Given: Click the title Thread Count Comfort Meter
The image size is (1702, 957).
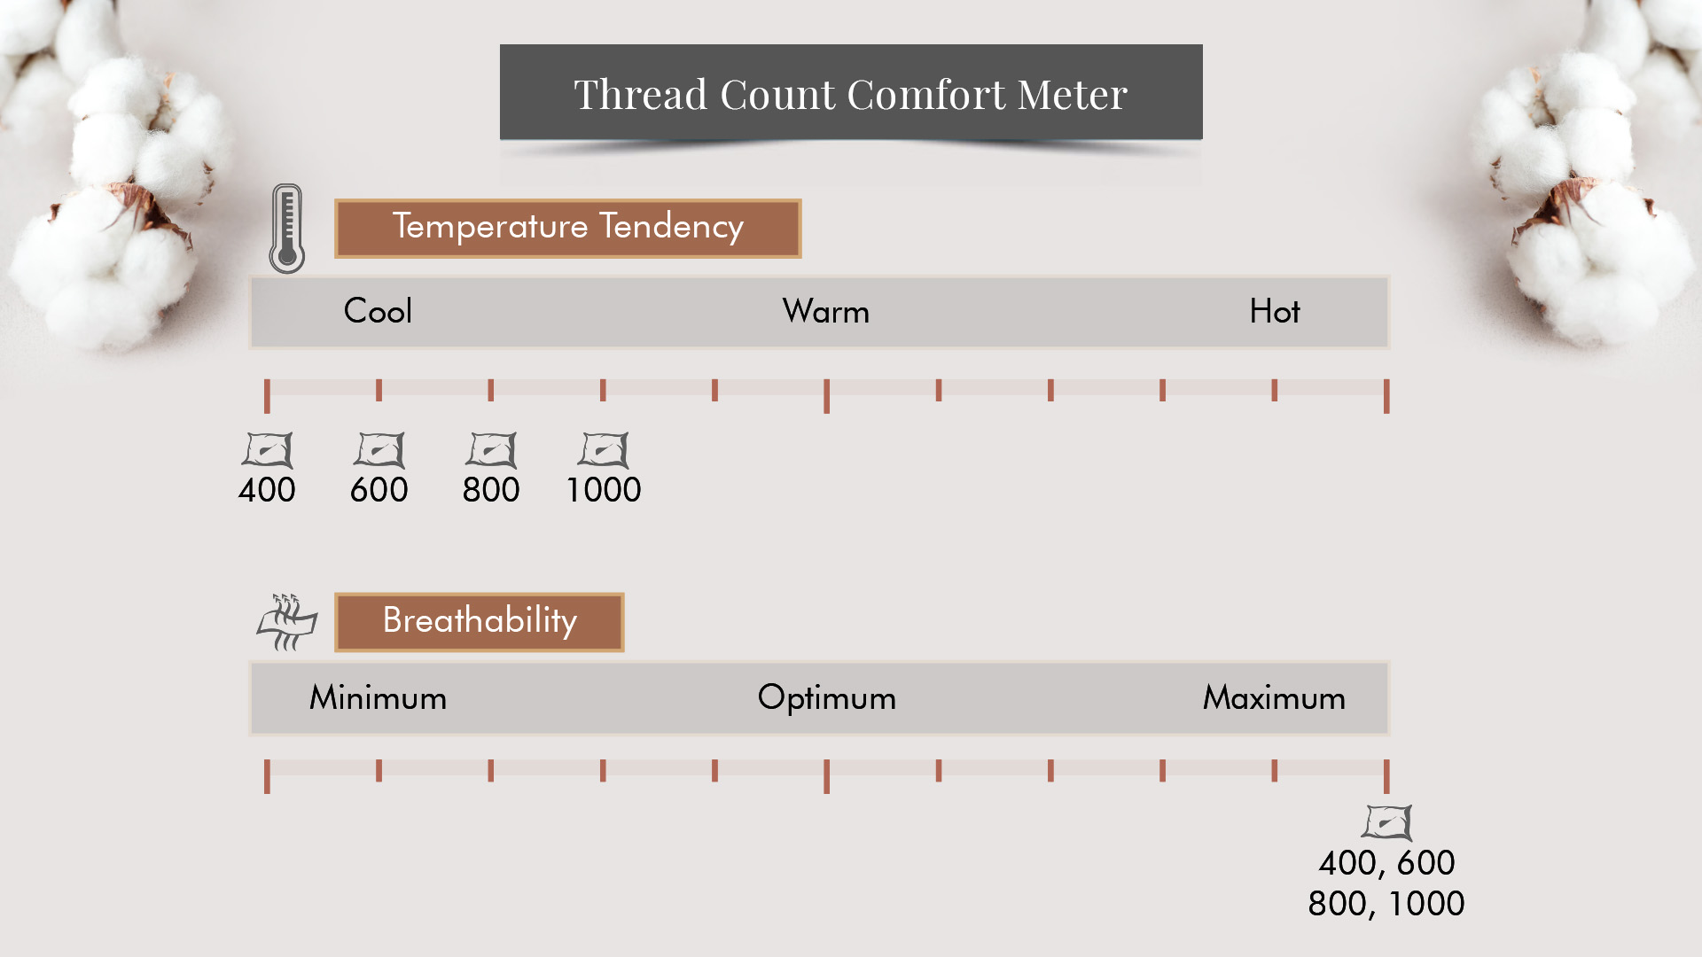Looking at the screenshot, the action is [851, 94].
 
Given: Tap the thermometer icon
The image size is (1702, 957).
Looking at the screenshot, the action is [287, 229].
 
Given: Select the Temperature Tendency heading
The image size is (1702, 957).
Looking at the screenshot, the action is [568, 227].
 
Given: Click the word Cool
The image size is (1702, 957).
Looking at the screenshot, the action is [378, 311].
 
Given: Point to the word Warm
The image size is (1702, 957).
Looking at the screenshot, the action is [826, 312].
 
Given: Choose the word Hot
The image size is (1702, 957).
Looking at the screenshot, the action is [1275, 311].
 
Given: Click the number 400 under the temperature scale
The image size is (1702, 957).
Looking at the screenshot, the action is [267, 489].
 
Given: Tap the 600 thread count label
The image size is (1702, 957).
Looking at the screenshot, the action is [379, 489].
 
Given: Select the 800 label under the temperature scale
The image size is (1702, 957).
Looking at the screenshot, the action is [491, 489].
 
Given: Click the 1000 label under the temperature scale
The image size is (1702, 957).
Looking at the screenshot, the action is [604, 489].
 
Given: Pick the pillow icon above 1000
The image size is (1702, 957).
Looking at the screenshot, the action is [604, 450].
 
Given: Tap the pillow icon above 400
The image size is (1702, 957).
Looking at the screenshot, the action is [267, 450].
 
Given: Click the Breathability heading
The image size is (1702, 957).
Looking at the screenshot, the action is [480, 620].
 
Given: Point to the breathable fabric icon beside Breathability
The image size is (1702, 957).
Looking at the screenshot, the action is [286, 622].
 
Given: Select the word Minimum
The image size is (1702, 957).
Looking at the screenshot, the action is [378, 698].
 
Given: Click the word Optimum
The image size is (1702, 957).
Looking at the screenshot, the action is [826, 698].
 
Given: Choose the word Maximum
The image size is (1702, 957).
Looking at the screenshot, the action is [1274, 698].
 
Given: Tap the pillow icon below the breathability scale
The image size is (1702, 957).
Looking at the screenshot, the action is [1387, 822].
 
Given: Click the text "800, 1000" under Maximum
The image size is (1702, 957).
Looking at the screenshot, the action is [1386, 904].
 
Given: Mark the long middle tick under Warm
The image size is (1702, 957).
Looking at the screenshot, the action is [826, 396].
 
